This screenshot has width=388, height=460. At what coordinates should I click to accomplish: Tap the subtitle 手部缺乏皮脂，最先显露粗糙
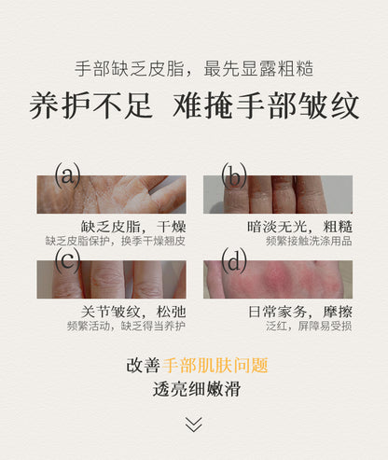[x=194, y=69]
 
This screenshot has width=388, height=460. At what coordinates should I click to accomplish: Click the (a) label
[x=66, y=174]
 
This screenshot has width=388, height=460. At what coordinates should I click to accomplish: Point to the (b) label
[x=232, y=174]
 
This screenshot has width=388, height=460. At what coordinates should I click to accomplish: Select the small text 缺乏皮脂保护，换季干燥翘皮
[x=115, y=241]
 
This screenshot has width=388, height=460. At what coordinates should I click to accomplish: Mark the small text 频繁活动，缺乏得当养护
[x=115, y=327]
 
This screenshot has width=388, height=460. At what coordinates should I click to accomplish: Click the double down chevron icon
[x=193, y=425]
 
